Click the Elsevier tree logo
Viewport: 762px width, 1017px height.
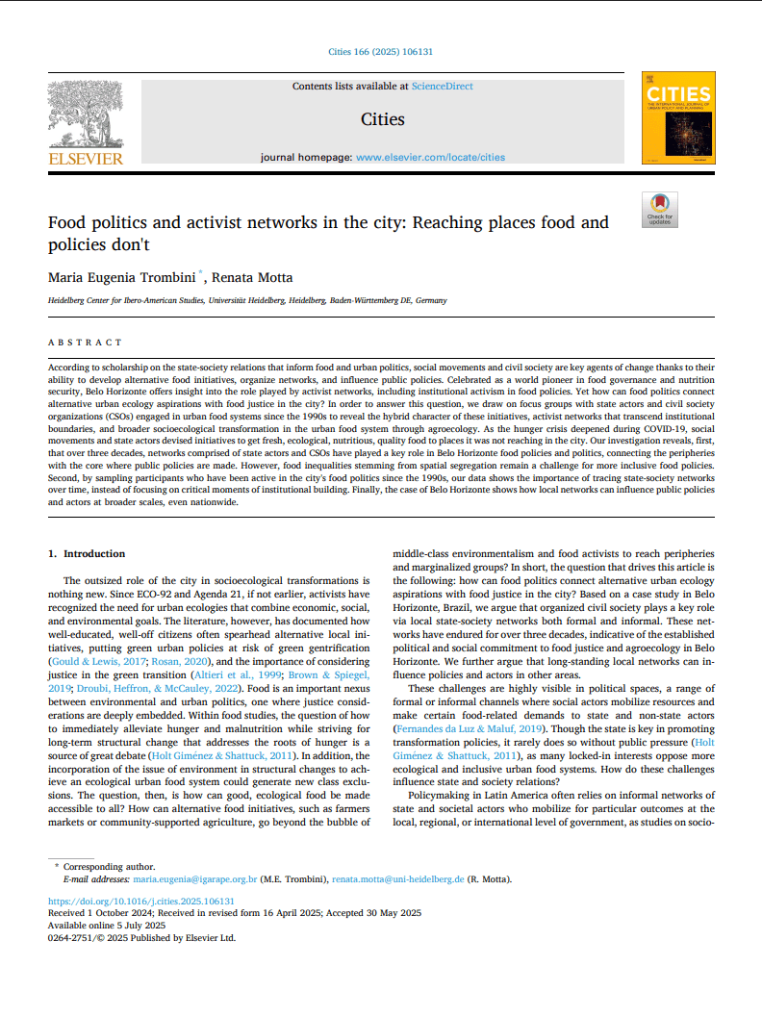click(86, 114)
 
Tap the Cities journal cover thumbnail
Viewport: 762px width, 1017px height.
click(678, 117)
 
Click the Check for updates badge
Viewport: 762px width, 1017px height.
click(659, 210)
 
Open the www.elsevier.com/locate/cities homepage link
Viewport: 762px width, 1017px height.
click(430, 157)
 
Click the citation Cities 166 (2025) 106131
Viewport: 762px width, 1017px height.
click(381, 51)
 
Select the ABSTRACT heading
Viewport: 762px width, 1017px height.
click(86, 342)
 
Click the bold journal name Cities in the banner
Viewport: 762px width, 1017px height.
click(382, 119)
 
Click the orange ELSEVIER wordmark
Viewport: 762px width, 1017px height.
click(86, 158)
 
